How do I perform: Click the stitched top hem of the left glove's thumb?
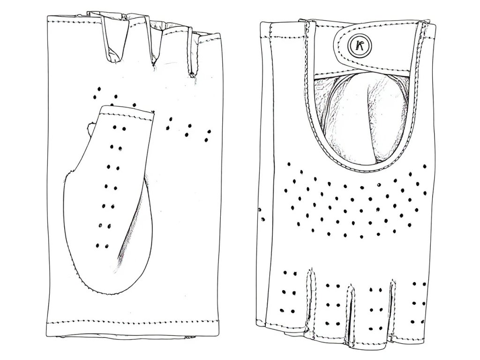tap(127, 111)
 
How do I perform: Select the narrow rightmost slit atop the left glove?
tap(191, 52)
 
